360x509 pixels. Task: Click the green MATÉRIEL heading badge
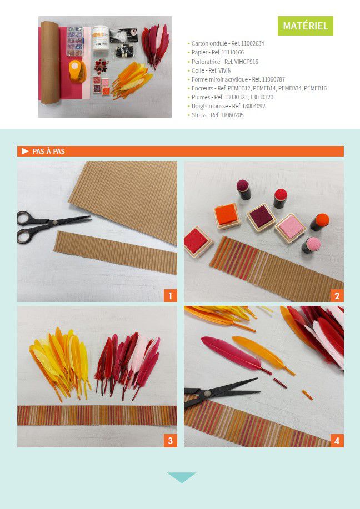[306, 26]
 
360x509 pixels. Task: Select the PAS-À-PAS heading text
[48, 152]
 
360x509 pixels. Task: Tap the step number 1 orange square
[170, 295]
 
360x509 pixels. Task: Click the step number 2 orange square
[337, 295]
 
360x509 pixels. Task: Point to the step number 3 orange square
[170, 441]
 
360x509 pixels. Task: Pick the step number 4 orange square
[337, 441]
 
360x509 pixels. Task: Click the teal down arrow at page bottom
[182, 477]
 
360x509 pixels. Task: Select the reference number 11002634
[252, 43]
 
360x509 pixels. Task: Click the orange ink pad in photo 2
[227, 215]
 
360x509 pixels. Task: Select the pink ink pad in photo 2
[290, 228]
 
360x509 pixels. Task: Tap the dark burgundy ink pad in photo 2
[261, 217]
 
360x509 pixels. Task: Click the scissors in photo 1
[49, 226]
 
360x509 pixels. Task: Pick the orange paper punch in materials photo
[77, 70]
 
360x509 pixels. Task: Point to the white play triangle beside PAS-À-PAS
[25, 152]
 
